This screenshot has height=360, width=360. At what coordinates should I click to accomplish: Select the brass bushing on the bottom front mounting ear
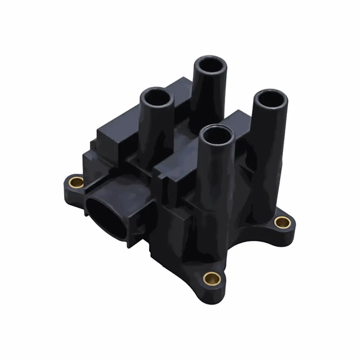pos(212,278)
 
